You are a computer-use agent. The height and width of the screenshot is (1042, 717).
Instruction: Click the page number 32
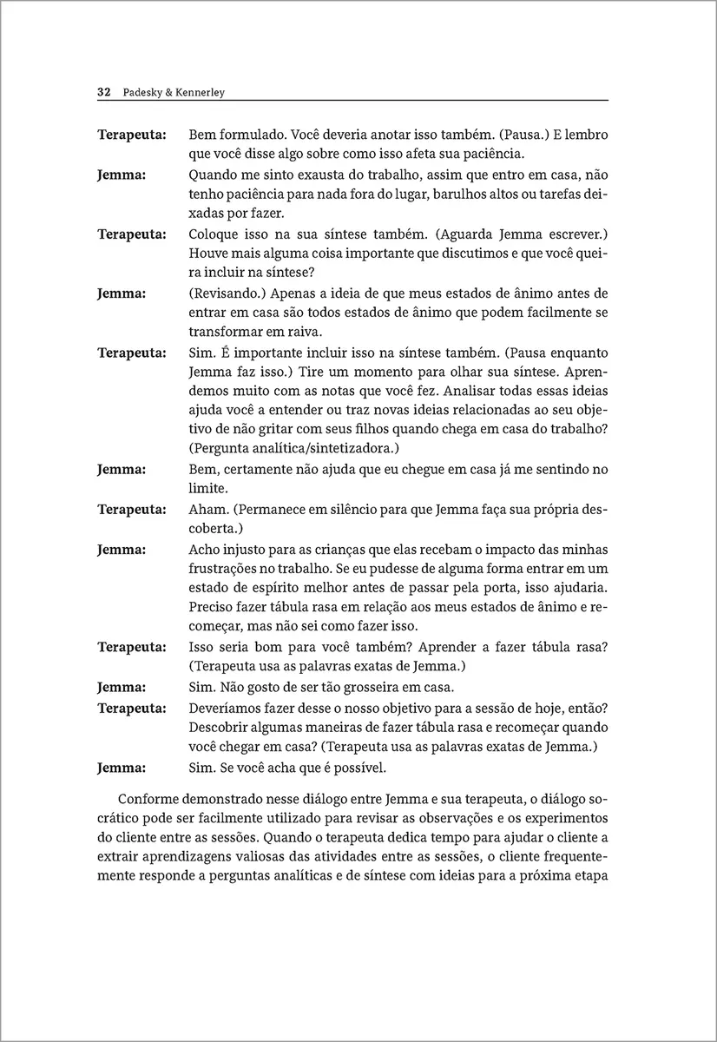tap(102, 92)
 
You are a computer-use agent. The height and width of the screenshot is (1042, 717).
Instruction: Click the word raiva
tap(304, 332)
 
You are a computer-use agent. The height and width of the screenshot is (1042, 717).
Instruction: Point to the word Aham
tap(207, 509)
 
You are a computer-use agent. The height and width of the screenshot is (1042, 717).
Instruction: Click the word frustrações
tap(227, 568)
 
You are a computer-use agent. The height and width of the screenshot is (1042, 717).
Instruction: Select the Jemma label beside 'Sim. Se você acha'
tap(122, 768)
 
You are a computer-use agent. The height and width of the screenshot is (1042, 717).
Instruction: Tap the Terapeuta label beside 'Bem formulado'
tap(132, 135)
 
